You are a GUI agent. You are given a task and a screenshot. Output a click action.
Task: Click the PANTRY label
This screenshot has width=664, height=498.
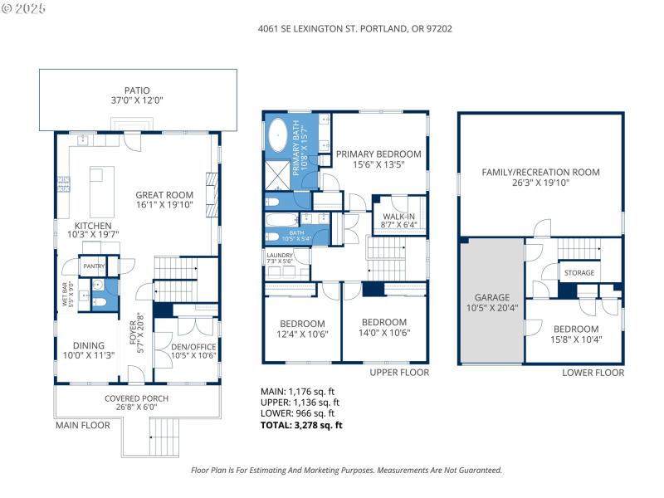pos(92,266)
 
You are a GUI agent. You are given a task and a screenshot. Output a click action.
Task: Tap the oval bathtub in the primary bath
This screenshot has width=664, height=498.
pos(278,137)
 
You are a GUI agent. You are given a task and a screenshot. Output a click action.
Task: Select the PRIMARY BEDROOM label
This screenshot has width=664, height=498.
pos(378,154)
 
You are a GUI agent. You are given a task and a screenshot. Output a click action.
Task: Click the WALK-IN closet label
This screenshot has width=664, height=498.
pos(398,217)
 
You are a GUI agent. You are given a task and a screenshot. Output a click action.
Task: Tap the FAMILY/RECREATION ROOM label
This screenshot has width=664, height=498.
pos(540,173)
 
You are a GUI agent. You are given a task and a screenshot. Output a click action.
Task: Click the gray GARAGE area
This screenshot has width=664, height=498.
pos(492,302)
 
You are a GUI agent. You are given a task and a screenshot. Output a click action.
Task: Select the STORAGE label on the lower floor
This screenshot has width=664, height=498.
pos(579,272)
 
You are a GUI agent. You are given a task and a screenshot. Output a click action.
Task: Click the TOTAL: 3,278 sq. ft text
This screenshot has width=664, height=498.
pos(301,425)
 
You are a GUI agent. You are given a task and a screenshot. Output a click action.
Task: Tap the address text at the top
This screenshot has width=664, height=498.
pos(356,28)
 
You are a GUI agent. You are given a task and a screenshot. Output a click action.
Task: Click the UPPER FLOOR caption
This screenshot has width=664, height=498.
pos(399,373)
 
